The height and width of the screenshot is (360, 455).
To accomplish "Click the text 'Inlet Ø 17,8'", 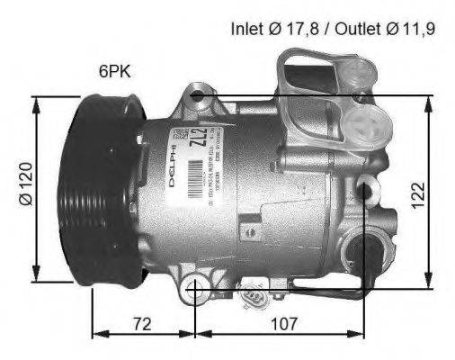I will pos(272,29).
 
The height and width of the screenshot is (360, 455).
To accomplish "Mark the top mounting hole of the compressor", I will pos(199,94).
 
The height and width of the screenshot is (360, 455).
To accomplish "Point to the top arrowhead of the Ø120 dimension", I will pos(37,99).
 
